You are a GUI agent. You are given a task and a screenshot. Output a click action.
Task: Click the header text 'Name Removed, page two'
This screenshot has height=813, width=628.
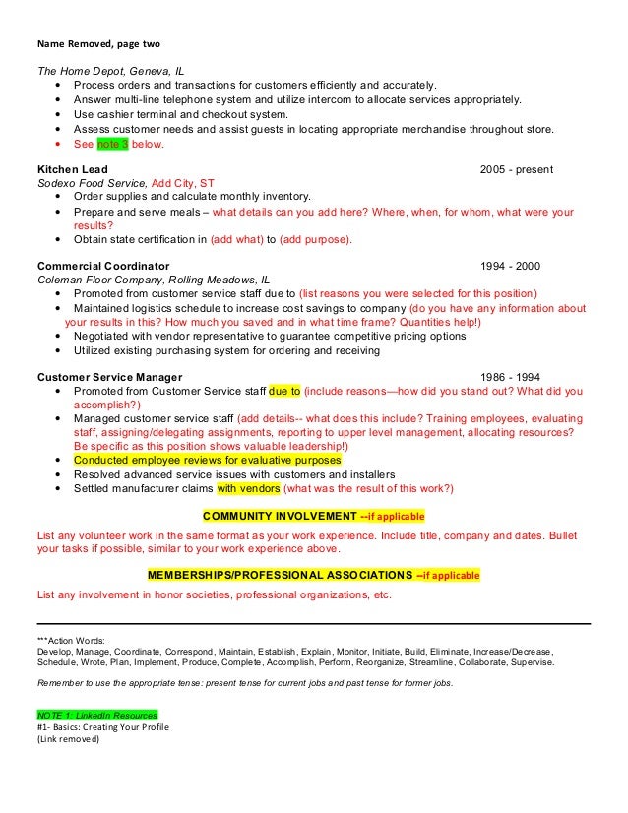[97, 43]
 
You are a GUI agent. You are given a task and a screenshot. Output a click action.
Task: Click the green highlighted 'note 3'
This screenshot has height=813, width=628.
[112, 144]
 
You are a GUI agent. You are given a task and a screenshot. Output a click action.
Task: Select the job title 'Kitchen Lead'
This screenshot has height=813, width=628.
[72, 169]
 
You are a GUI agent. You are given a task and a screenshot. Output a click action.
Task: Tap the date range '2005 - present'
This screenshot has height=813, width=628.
[516, 169]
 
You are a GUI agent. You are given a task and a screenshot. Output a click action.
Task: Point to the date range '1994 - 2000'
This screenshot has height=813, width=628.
[509, 266]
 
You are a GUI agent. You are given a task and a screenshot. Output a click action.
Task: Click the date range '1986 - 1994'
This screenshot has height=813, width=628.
[509, 377]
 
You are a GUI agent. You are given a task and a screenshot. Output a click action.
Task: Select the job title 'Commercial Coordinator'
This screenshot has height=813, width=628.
[103, 266]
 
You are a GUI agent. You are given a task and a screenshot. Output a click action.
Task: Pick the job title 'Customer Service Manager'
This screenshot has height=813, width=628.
[109, 377]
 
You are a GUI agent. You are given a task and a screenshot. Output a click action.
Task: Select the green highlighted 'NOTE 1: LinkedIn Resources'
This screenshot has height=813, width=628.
[96, 714]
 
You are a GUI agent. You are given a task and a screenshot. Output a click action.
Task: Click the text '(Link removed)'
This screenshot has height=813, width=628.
[68, 740]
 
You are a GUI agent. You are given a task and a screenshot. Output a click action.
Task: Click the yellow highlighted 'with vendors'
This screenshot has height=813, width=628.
[248, 487]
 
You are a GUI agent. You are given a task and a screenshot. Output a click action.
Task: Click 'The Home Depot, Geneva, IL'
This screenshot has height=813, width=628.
[109, 72]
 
